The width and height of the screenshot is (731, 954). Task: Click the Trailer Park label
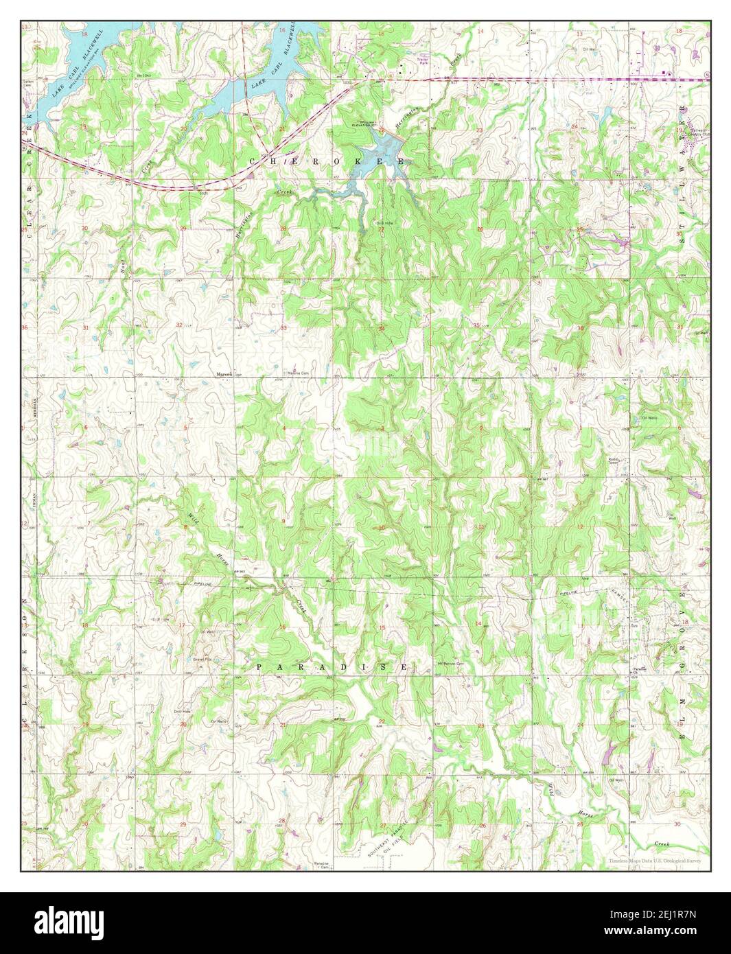point(423,61)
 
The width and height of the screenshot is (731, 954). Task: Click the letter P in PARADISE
point(261,667)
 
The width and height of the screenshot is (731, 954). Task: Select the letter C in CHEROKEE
point(253,161)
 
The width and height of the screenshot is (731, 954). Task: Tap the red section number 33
point(283,327)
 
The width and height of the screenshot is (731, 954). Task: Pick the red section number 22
point(382,721)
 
